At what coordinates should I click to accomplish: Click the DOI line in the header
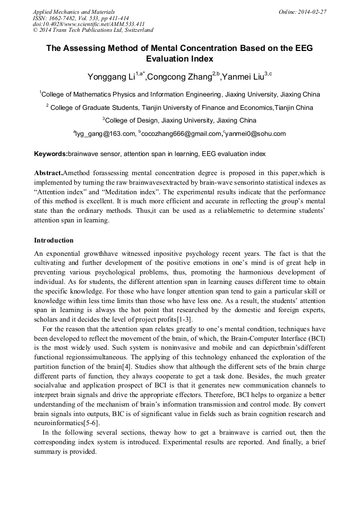(89, 24)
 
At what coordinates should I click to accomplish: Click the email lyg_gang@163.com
(106, 134)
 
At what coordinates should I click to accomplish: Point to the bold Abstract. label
(48, 173)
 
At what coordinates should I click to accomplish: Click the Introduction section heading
(54, 240)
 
